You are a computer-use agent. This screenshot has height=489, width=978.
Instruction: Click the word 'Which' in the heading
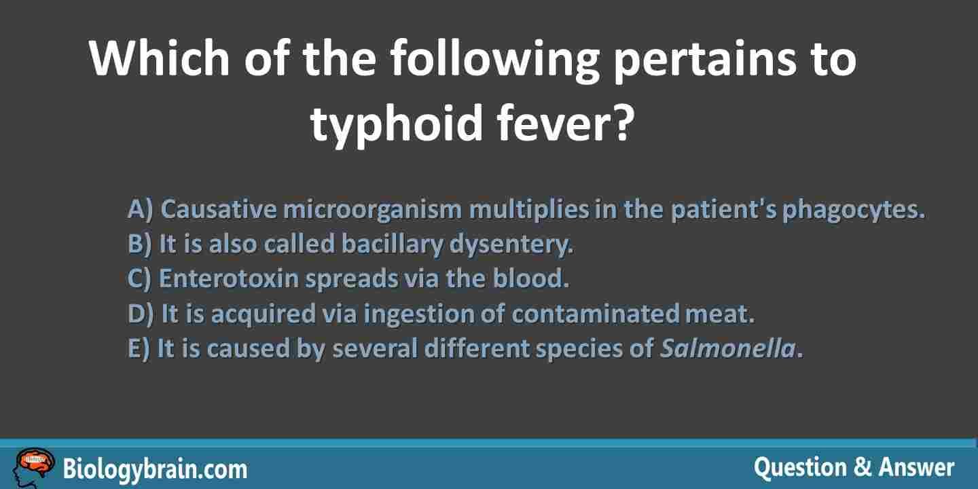coord(160,58)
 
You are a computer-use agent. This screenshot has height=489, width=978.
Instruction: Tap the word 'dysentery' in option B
coord(511,244)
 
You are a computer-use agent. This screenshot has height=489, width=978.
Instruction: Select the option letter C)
coord(139,278)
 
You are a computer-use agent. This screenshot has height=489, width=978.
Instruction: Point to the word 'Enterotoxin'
coord(228,278)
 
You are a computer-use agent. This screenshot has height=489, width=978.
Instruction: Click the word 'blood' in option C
coord(530,278)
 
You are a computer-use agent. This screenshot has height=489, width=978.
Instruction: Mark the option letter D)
coord(141,314)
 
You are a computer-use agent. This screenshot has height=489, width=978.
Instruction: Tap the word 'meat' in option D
coord(719,314)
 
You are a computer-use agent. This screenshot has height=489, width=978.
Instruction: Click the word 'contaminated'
coord(595,314)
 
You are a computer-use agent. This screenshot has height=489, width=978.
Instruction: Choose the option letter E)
coord(139,348)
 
